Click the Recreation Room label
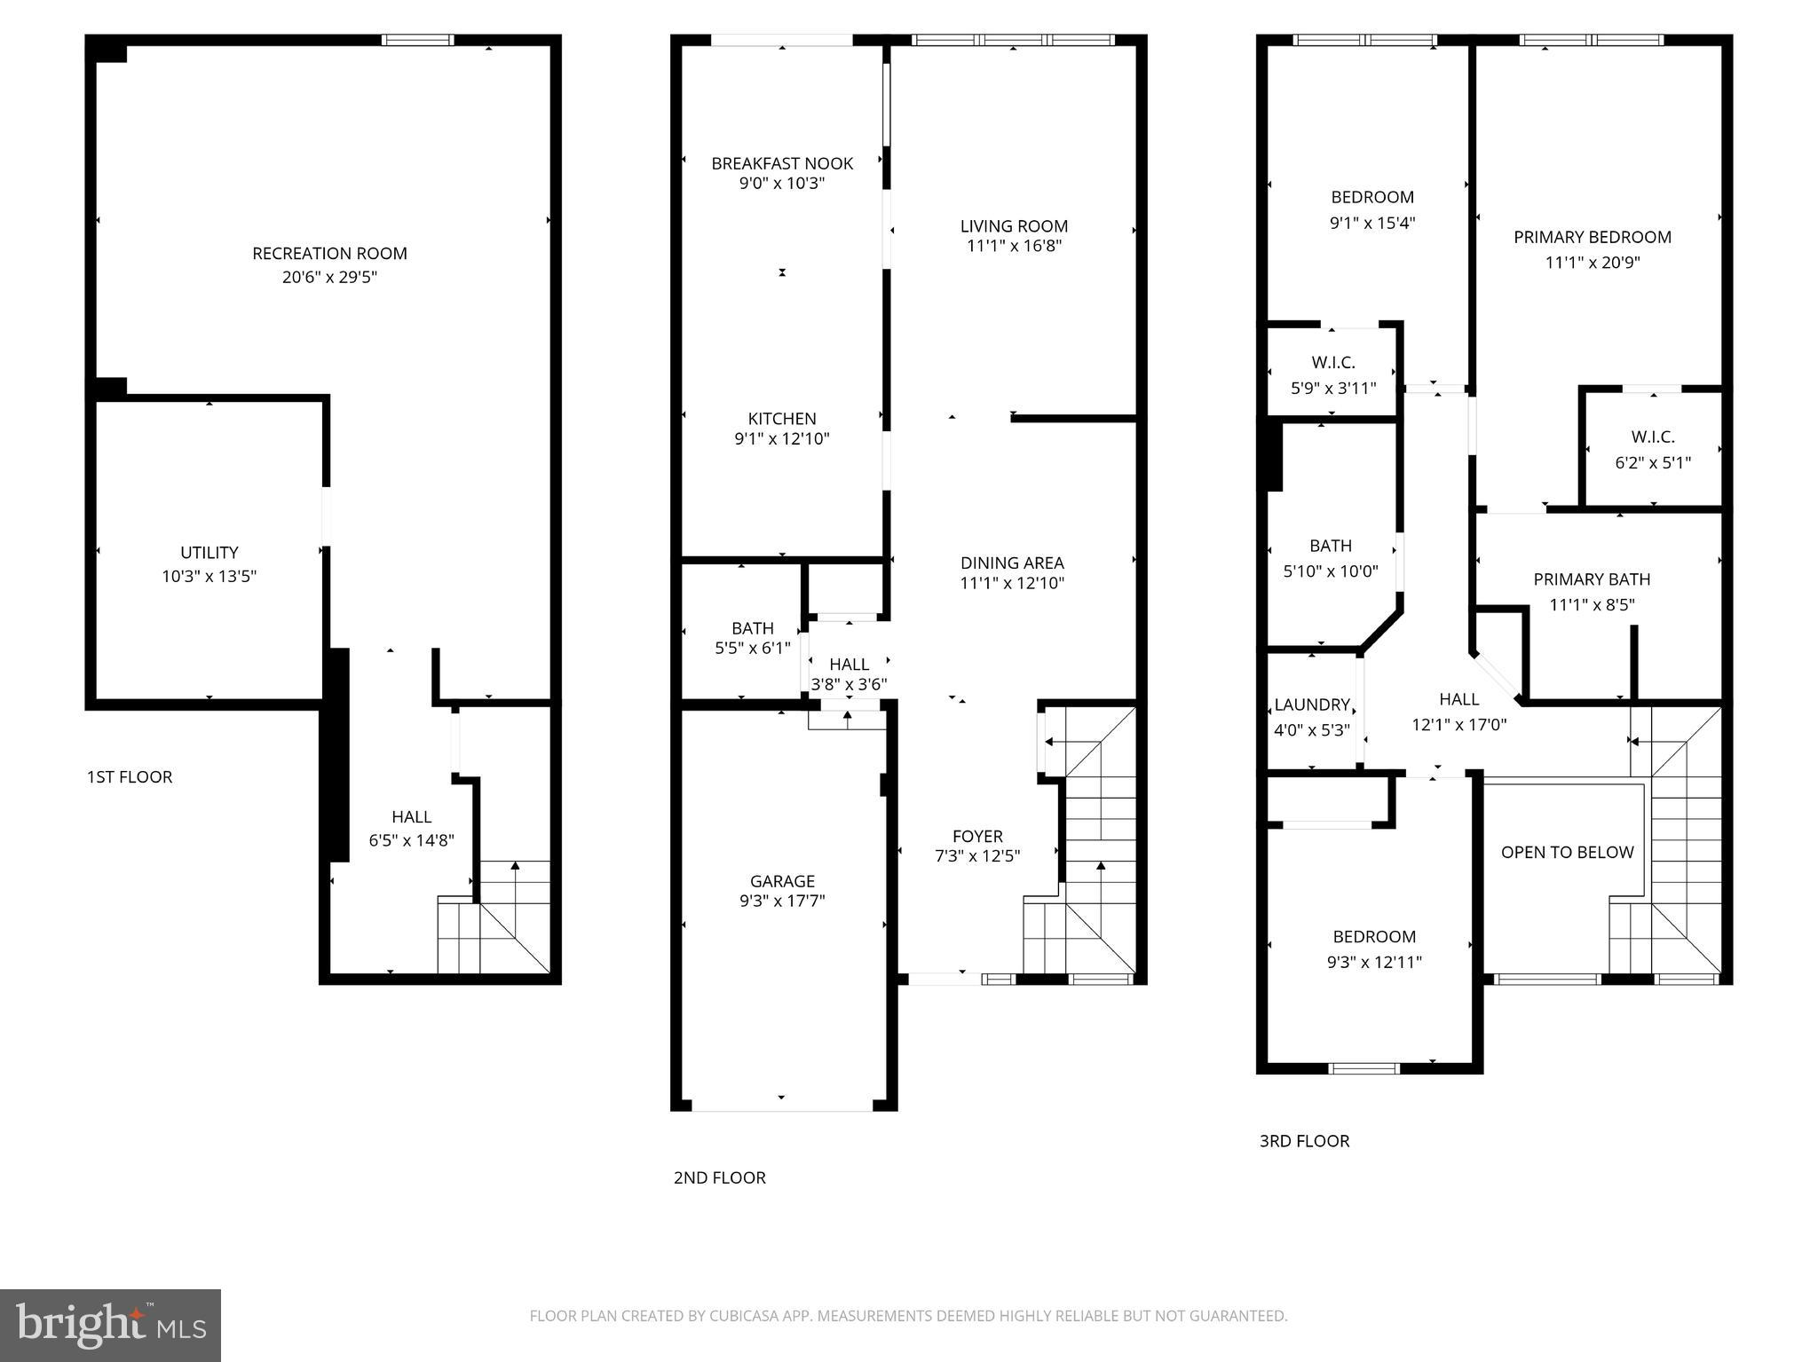click(329, 254)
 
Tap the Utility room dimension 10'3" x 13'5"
click(209, 577)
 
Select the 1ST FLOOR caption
click(130, 777)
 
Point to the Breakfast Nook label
click(782, 163)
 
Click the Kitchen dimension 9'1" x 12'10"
click(782, 439)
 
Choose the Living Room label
click(1014, 226)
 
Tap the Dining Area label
click(1012, 563)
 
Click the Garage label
click(782, 881)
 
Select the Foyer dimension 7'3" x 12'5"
click(977, 857)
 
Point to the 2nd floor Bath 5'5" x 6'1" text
click(752, 649)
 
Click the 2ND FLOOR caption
click(719, 1178)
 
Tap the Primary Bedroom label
click(1593, 237)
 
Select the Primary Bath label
click(1592, 579)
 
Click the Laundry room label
click(1312, 705)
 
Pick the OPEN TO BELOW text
click(1567, 853)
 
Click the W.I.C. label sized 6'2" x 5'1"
click(1653, 437)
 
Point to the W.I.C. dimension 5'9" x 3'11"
click(1333, 389)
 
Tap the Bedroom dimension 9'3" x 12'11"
click(1374, 963)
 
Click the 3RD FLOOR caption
click(1304, 1142)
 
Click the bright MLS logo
click(111, 1326)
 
